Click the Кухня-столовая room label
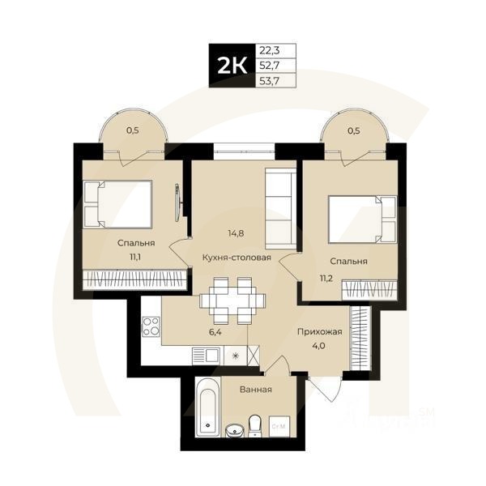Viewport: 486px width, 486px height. (237, 258)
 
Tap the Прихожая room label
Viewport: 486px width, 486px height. (319, 332)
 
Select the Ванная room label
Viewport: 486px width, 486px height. (255, 390)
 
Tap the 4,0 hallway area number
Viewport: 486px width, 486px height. (319, 346)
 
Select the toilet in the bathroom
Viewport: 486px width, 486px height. (255, 424)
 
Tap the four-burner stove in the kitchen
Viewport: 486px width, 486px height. (151, 327)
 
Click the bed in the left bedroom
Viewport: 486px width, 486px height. (118, 203)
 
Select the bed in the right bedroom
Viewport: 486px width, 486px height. (360, 219)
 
